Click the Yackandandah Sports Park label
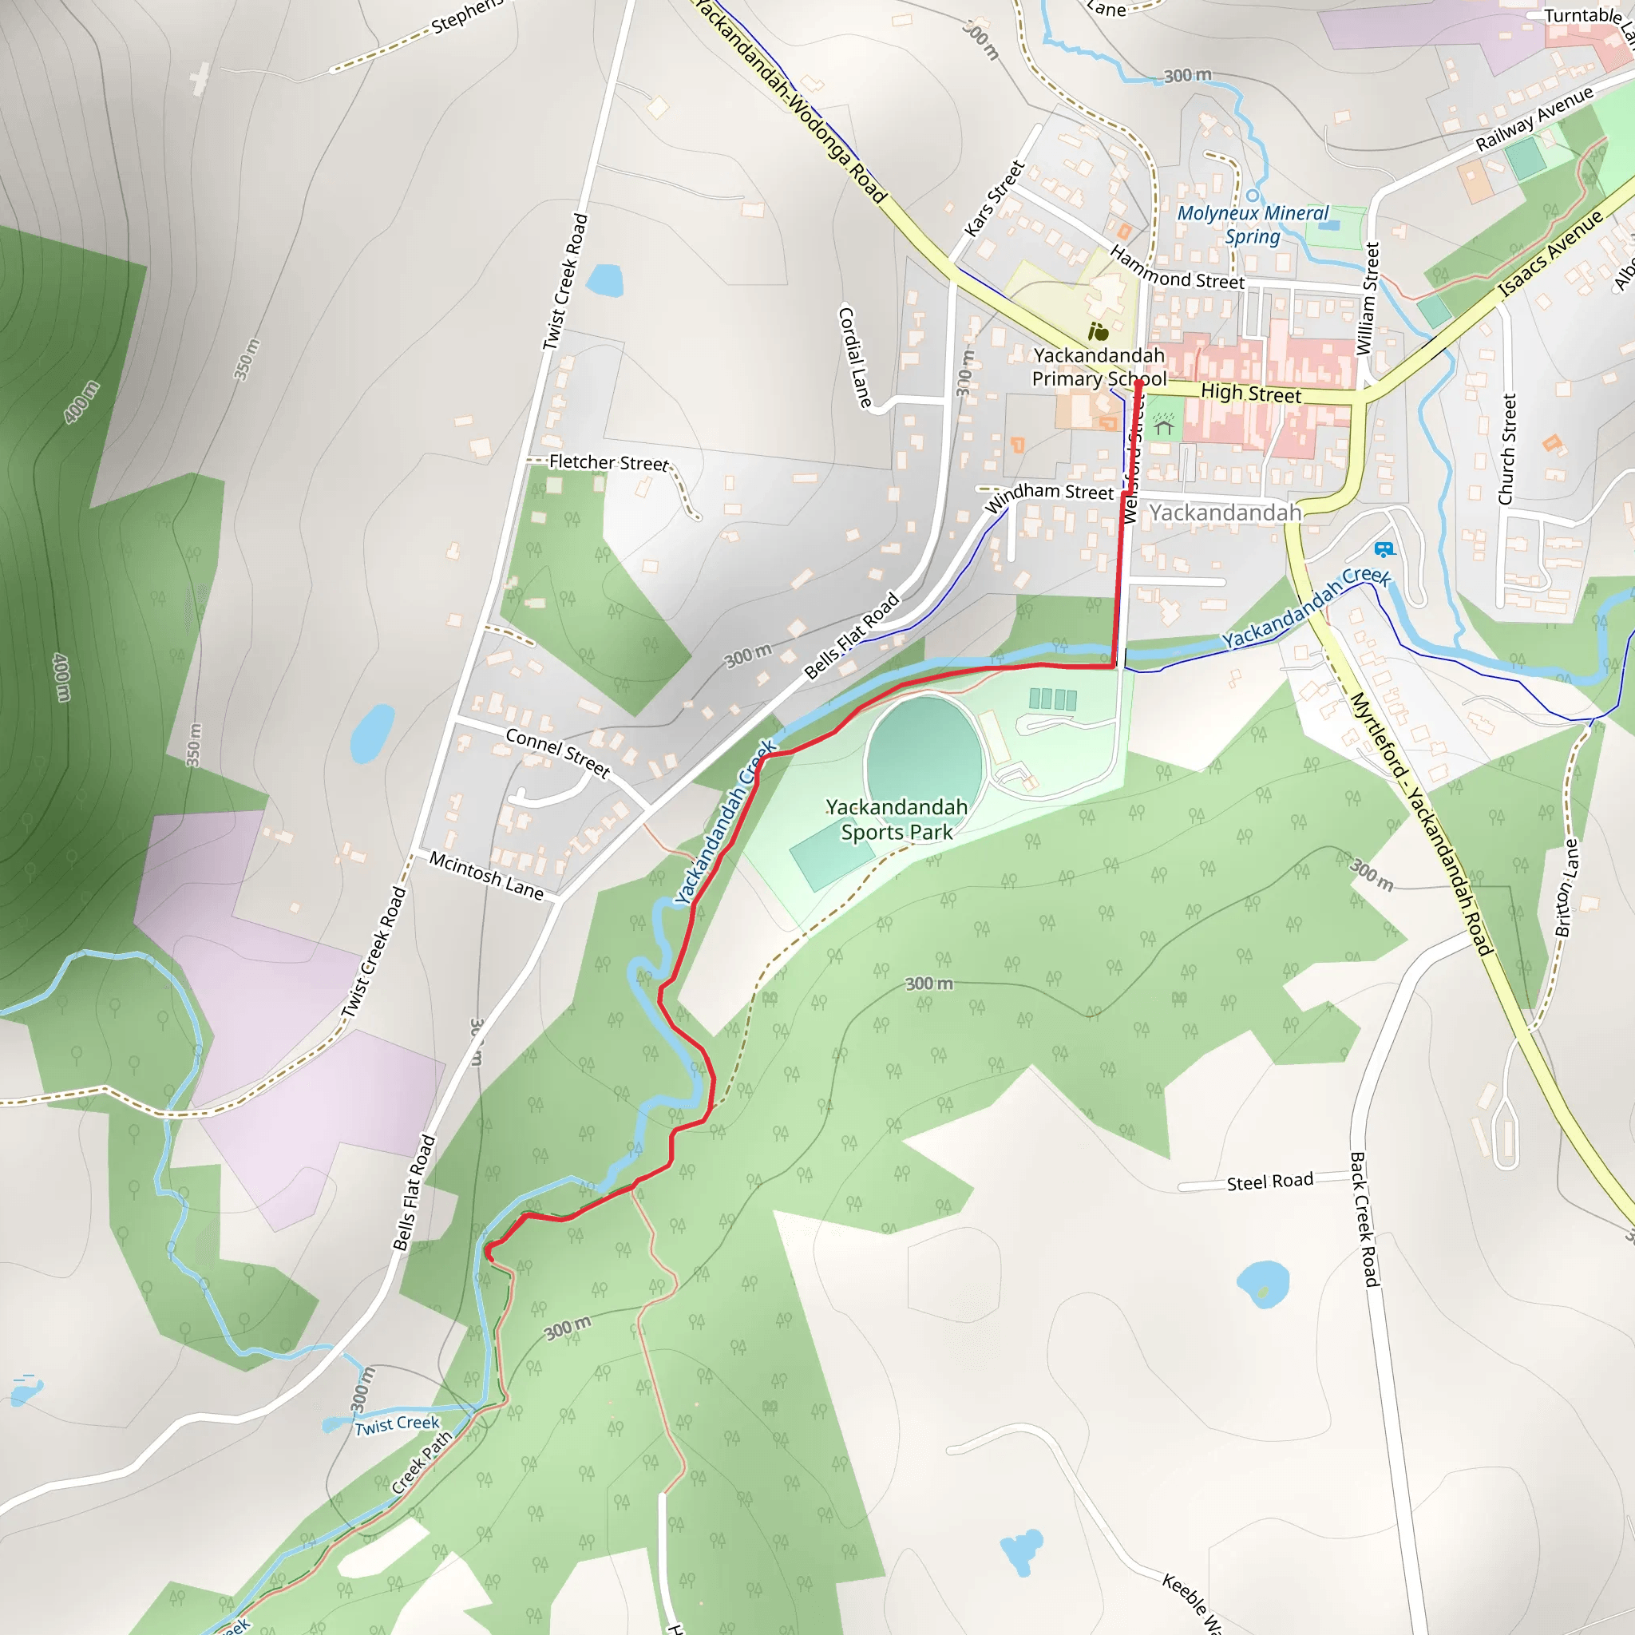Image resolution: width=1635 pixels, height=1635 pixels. click(x=897, y=819)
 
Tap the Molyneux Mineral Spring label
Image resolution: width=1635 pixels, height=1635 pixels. click(x=1253, y=224)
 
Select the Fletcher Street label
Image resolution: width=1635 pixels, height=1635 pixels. click(x=608, y=462)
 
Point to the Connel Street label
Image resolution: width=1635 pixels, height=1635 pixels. click(x=558, y=751)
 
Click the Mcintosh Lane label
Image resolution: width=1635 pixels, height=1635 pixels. click(x=487, y=875)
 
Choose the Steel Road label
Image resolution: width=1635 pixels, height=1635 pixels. click(x=1269, y=1182)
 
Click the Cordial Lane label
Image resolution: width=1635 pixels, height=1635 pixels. click(x=855, y=357)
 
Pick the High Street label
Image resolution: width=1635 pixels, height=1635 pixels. click(x=1251, y=394)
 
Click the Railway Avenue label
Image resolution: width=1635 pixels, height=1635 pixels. click(x=1534, y=118)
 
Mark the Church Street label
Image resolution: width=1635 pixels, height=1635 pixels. click(x=1506, y=449)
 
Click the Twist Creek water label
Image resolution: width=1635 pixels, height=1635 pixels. click(x=397, y=1425)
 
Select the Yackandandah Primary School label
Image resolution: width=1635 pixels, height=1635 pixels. click(x=1099, y=366)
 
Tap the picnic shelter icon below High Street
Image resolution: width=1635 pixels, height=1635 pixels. click(x=1164, y=425)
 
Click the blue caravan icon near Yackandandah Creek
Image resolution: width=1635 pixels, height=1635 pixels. click(x=1384, y=550)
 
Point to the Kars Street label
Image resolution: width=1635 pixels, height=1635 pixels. click(x=995, y=199)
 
